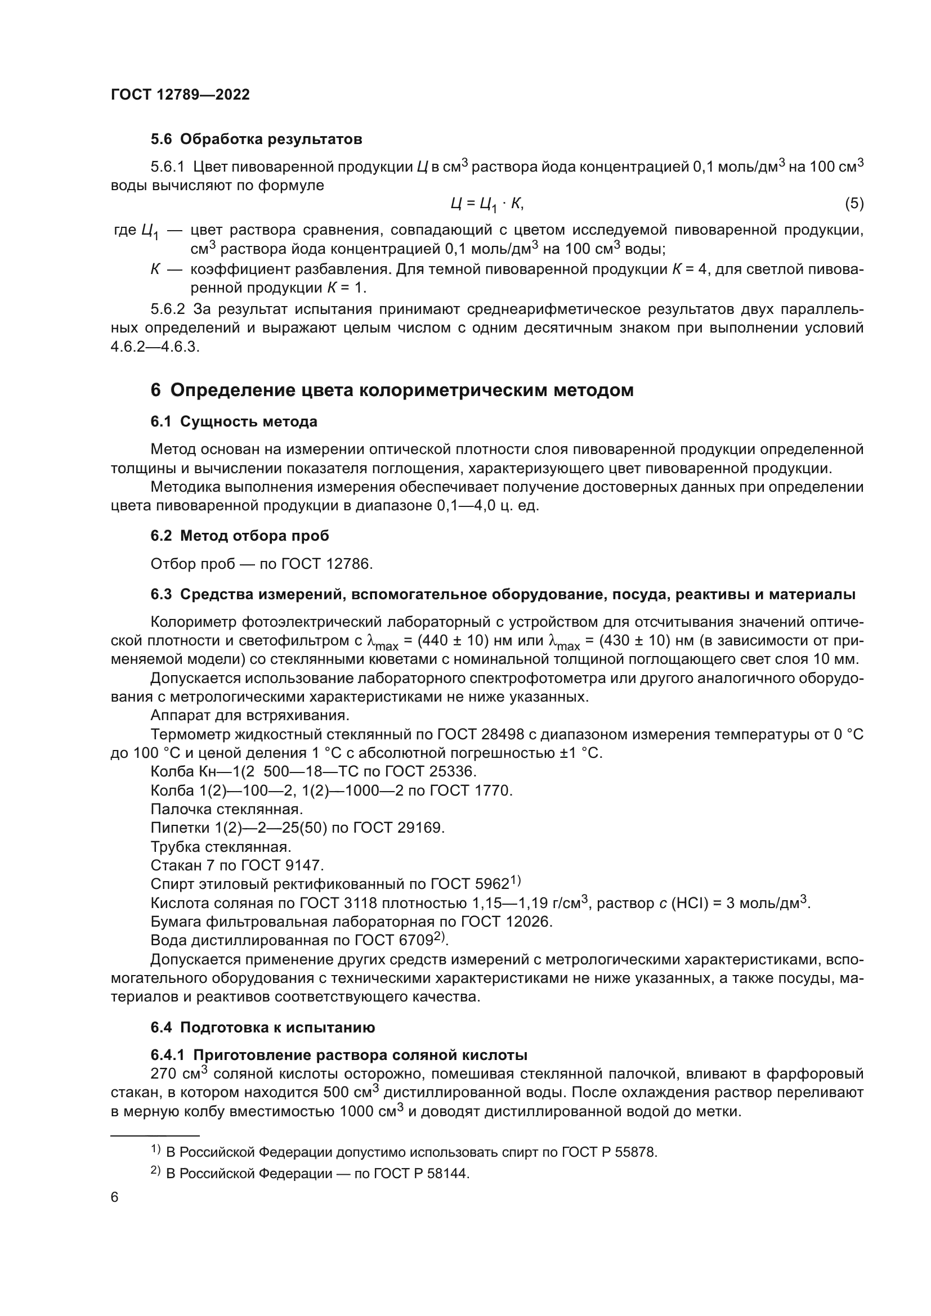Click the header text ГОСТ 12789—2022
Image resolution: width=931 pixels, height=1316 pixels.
pos(180,95)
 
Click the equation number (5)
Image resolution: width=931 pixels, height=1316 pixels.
pos(854,203)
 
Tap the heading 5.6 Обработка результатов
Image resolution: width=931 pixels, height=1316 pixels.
pos(256,140)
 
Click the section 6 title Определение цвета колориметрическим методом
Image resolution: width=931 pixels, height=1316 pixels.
pos(392,390)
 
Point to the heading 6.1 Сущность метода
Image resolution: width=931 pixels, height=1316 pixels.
pos(234,422)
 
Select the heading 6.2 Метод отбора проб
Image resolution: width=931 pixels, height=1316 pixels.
pos(240,536)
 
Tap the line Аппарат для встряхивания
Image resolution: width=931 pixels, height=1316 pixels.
pos(249,716)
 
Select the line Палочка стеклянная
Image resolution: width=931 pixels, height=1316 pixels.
pos(226,809)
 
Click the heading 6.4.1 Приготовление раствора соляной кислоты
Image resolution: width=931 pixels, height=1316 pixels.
pos(339,1055)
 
